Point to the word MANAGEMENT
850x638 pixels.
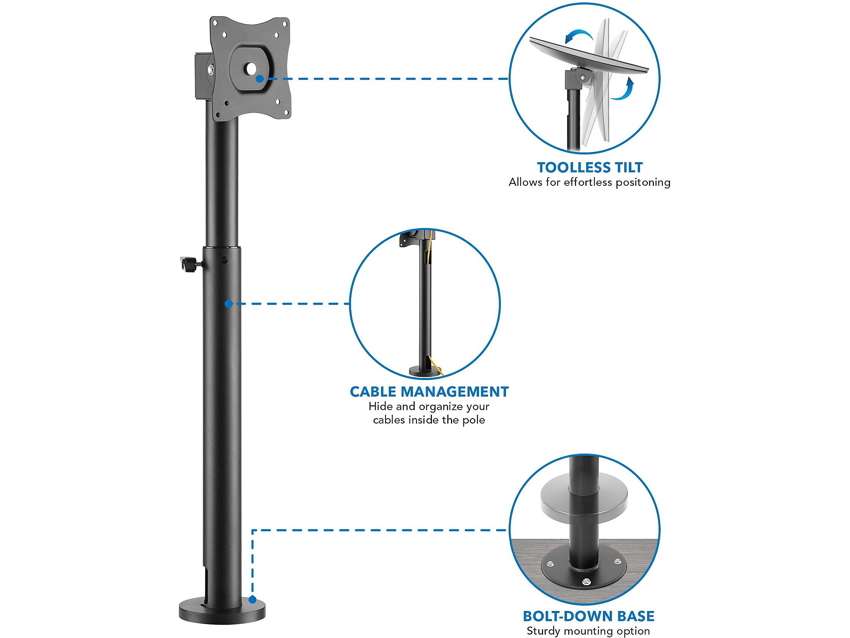455,392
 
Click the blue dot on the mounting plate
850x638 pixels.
260,79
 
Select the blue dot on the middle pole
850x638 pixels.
228,304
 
